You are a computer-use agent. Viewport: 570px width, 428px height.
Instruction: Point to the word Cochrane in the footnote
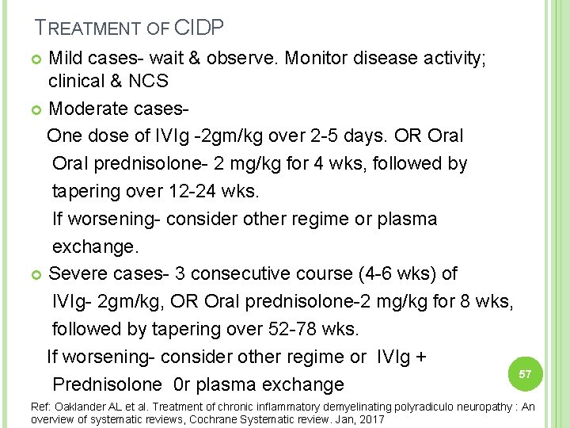[246, 418]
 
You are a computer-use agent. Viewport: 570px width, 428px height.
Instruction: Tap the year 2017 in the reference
[370, 418]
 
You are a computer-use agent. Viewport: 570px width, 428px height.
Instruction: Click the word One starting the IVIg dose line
[64, 136]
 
